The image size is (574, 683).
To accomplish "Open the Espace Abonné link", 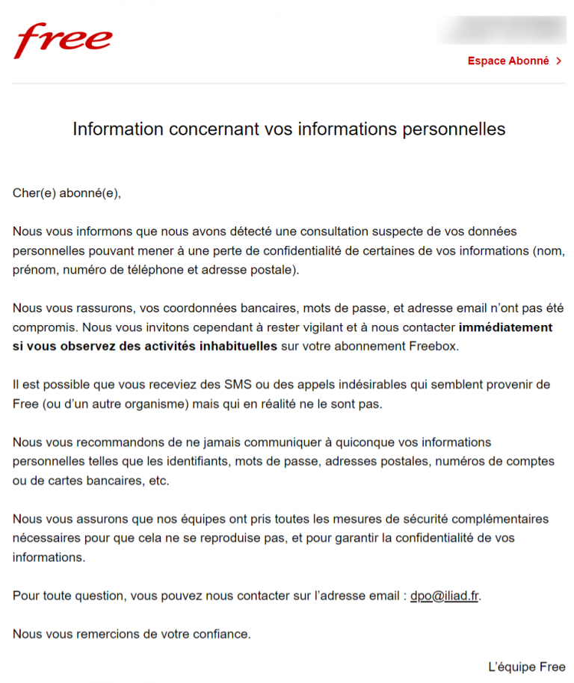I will (508, 61).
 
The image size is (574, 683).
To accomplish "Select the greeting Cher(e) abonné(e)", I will (67, 194).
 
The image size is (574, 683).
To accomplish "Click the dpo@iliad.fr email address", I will (444, 596).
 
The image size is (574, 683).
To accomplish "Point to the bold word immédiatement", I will (506, 327).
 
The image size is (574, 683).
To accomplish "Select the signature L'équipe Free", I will (527, 667).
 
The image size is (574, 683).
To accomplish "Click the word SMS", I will (241, 385).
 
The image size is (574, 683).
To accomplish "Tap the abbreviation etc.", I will (158, 481).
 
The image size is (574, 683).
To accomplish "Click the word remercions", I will (108, 634).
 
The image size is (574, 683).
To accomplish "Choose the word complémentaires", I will (493, 519).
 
